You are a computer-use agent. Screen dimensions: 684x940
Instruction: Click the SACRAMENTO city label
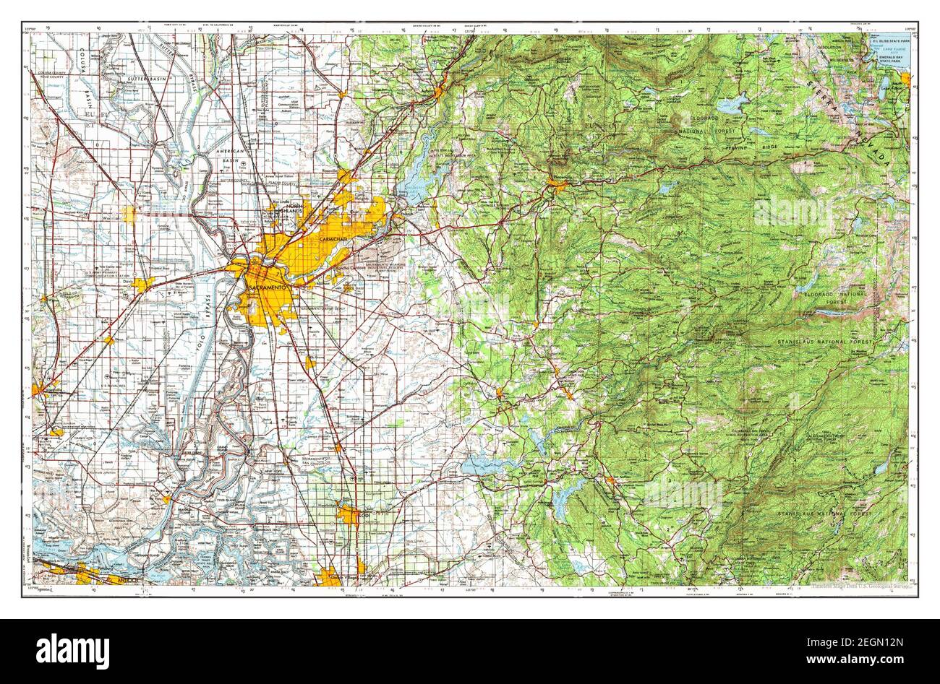pyautogui.click(x=269, y=287)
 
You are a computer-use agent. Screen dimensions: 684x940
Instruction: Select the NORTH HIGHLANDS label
pyautogui.click(x=295, y=209)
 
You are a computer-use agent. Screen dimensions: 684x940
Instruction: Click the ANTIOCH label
pyautogui.click(x=116, y=579)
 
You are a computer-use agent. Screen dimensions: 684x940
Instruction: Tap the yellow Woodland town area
pyautogui.click(x=129, y=214)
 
